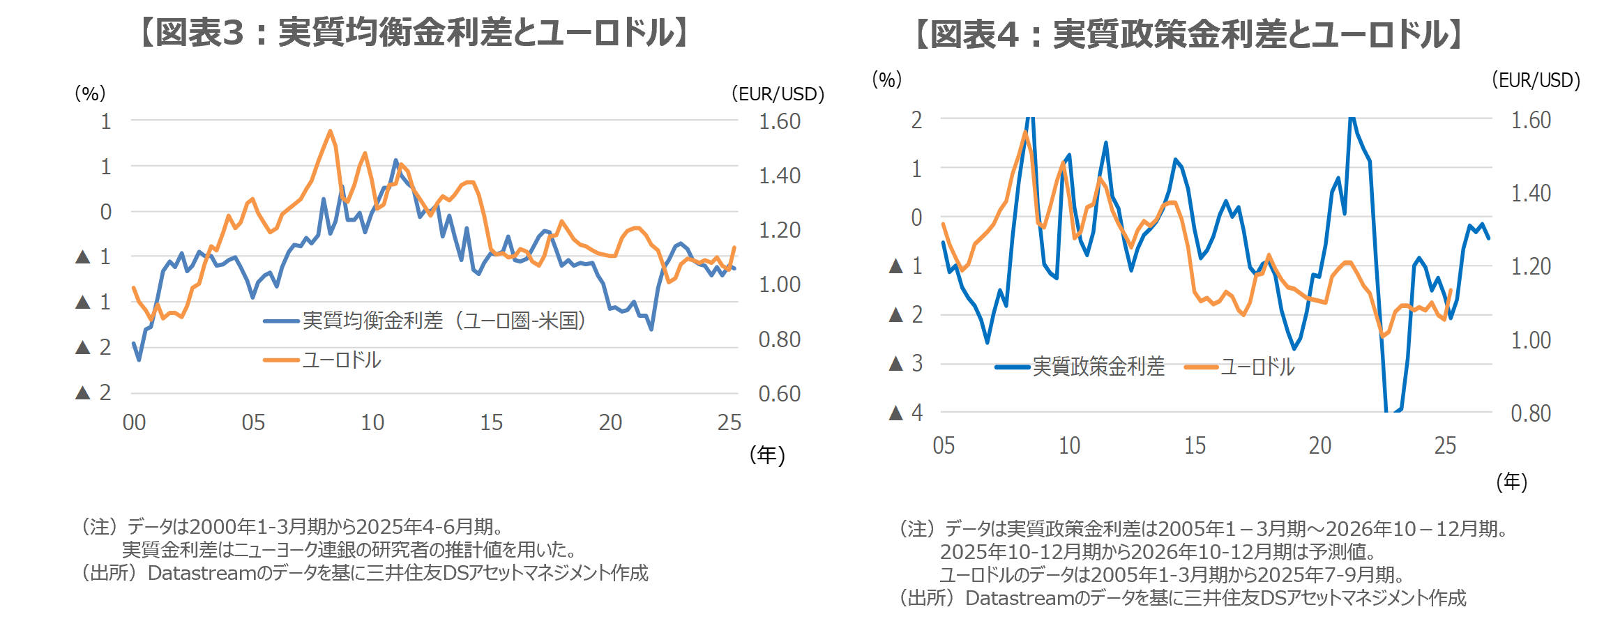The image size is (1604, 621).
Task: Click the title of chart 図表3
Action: click(x=415, y=33)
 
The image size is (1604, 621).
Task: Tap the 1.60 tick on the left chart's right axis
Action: click(x=779, y=121)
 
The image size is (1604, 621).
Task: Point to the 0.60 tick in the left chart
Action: click(x=779, y=394)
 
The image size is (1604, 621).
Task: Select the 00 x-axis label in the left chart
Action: click(x=134, y=422)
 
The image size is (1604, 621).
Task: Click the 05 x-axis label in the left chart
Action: click(x=253, y=422)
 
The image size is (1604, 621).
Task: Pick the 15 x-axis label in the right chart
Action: click(x=1195, y=445)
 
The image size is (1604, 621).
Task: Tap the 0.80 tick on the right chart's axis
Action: click(x=1530, y=413)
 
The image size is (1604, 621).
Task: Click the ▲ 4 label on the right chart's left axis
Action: click(x=906, y=413)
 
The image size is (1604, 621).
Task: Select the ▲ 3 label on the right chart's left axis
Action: click(x=906, y=363)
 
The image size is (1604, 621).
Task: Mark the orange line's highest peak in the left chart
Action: click(x=330, y=131)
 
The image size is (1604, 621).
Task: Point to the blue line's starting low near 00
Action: click(x=139, y=360)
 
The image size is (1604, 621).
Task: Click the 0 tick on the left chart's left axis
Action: click(x=105, y=212)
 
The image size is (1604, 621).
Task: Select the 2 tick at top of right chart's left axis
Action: click(x=916, y=120)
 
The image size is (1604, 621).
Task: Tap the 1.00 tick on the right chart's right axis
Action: click(x=1530, y=340)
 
